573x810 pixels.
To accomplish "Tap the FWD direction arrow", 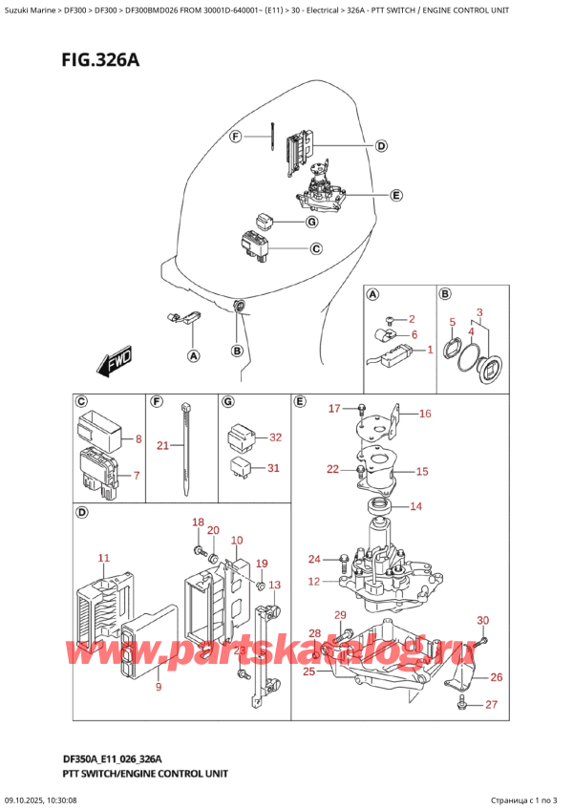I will pyautogui.click(x=117, y=364).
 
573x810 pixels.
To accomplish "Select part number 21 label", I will pyautogui.click(x=163, y=446).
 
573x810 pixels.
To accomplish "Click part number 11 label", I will pyautogui.click(x=103, y=557).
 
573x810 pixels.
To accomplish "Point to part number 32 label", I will pyautogui.click(x=275, y=437).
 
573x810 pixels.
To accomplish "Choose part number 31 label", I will pyautogui.click(x=275, y=467).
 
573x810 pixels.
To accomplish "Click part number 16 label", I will pyautogui.click(x=425, y=414).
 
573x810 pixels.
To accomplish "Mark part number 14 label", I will pyautogui.click(x=415, y=506).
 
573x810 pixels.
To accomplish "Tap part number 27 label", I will pyautogui.click(x=493, y=705).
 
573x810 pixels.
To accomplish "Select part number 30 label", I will pyautogui.click(x=482, y=620).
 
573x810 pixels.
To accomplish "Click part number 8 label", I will pyautogui.click(x=138, y=439).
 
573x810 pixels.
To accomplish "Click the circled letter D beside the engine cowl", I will pyautogui.click(x=380, y=146).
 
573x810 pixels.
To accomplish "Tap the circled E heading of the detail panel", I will pyautogui.click(x=301, y=401).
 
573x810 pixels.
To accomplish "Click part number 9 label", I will pyautogui.click(x=158, y=687).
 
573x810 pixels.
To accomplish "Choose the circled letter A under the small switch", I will pyautogui.click(x=193, y=356).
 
